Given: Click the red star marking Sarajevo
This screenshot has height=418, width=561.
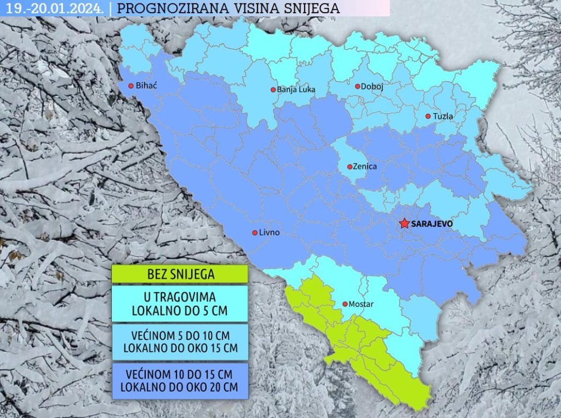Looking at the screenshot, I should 404,223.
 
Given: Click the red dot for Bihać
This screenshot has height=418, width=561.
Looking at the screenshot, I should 130,85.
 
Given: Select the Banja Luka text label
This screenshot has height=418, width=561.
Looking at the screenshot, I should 296,90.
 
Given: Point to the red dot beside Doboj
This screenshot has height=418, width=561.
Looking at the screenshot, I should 357,86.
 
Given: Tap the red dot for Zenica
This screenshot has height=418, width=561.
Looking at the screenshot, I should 350,166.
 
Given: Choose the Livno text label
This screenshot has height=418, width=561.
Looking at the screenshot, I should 269,233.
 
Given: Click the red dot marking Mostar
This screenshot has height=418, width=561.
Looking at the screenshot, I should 345,304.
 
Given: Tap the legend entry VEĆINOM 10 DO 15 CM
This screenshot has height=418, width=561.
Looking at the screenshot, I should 180,381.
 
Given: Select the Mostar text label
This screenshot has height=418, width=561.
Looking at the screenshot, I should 362,304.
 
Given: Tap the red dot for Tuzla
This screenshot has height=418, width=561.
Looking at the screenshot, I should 428,116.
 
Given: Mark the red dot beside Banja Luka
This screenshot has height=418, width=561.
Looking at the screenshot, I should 273,90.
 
